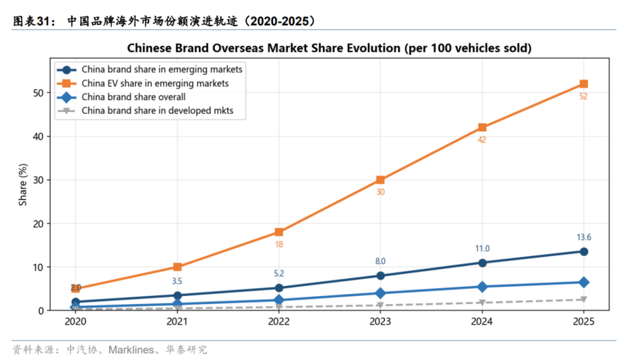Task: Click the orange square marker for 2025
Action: [x=583, y=84]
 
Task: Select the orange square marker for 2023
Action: [x=380, y=180]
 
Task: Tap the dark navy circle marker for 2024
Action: [x=482, y=263]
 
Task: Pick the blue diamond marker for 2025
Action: [x=583, y=283]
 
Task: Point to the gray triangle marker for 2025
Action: [x=583, y=300]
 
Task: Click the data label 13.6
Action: [x=584, y=238]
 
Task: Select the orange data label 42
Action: [x=482, y=140]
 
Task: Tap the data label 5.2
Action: [x=279, y=273]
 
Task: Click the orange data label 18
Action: [x=279, y=245]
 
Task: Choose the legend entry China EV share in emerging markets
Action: [x=155, y=83]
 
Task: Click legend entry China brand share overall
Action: [x=134, y=97]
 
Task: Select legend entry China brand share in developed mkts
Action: [x=157, y=111]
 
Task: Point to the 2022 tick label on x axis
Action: [x=279, y=321]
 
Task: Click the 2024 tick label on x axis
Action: [x=482, y=321]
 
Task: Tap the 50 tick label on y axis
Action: [x=38, y=93]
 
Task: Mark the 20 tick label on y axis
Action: [x=38, y=224]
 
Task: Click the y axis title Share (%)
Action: [x=23, y=185]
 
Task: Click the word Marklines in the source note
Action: [x=131, y=350]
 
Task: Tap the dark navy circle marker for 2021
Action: [x=177, y=295]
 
